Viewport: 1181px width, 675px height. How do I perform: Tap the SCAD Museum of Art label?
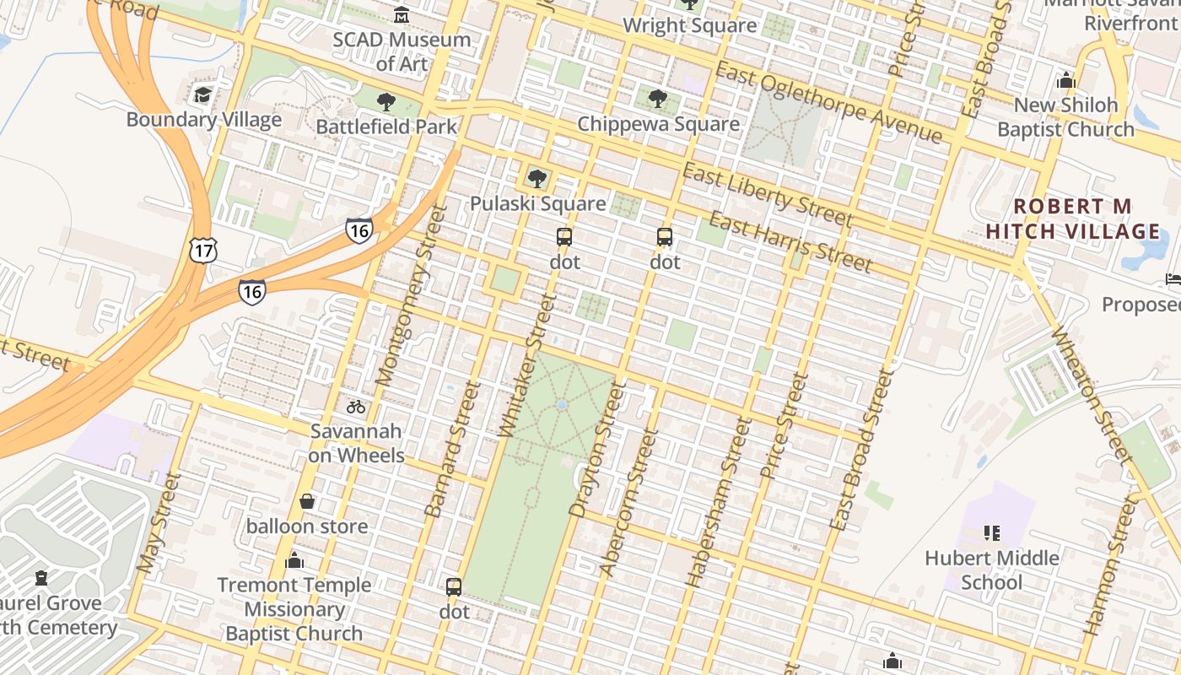pos(402,51)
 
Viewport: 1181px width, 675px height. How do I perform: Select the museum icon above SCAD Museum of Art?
pos(402,15)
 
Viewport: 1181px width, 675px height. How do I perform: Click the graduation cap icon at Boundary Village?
pos(202,94)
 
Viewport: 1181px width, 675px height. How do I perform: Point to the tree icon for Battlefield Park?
pos(386,103)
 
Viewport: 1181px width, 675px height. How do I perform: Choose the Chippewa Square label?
pos(658,124)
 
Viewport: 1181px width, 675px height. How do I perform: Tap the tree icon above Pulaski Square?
pos(537,179)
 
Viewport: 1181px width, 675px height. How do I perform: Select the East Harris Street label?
pos(790,243)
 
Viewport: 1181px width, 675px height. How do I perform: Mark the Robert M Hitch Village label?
pos(1074,219)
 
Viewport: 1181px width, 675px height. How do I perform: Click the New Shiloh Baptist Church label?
pos(1065,117)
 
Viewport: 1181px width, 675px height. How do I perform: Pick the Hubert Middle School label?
pos(992,570)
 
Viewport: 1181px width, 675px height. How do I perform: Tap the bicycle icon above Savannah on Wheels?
pos(356,407)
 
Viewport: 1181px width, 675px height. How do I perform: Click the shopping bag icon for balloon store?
pos(307,502)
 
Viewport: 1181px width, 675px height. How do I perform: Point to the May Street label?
pos(159,523)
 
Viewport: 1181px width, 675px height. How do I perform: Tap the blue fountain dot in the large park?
pos(562,406)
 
